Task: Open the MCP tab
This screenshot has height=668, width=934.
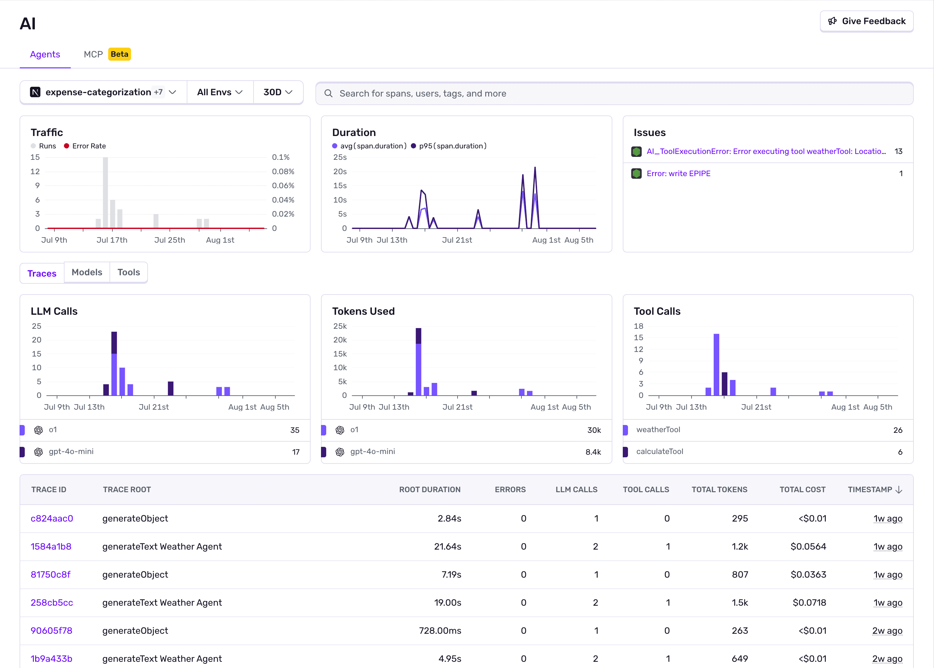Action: (x=93, y=54)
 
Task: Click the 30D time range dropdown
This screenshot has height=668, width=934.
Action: (x=278, y=92)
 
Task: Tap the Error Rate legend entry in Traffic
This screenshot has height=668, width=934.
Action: (x=85, y=146)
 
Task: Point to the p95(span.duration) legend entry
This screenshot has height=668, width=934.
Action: (x=449, y=146)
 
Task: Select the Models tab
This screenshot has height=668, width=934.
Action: (x=87, y=272)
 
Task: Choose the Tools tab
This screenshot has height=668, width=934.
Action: (x=129, y=272)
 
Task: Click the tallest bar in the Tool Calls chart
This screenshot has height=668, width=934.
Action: (x=716, y=364)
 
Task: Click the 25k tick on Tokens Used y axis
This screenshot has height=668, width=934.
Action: (x=340, y=326)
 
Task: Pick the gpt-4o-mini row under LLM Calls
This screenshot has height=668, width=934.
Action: (x=71, y=452)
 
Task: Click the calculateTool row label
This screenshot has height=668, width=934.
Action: (x=660, y=452)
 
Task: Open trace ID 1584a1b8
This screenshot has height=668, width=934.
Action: (x=51, y=547)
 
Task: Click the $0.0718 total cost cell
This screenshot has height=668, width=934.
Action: (x=809, y=602)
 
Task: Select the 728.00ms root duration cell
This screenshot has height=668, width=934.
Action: (x=440, y=630)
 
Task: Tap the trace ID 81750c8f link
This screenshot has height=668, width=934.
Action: (x=51, y=575)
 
